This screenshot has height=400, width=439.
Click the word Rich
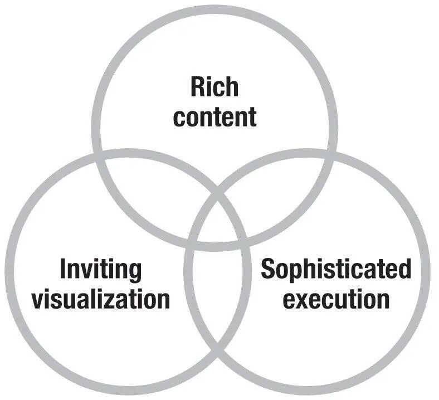tap(214, 87)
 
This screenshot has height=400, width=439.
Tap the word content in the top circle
tap(214, 116)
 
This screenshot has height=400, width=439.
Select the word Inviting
tap(100, 270)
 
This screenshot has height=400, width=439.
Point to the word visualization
tap(100, 299)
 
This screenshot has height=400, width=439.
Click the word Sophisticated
tap(336, 270)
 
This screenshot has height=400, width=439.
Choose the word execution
tap(336, 299)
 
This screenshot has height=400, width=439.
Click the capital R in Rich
tap(196, 87)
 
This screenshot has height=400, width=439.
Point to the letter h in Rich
tap(232, 87)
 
